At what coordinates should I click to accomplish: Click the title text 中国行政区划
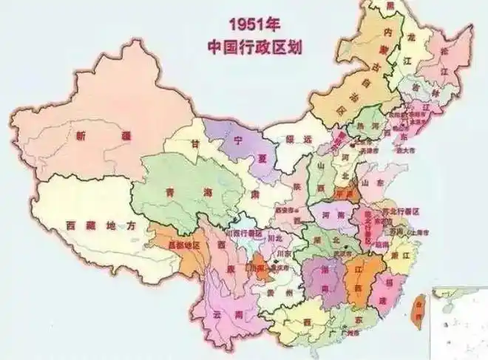[x=256, y=46]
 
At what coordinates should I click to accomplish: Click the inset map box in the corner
[x=459, y=321]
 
